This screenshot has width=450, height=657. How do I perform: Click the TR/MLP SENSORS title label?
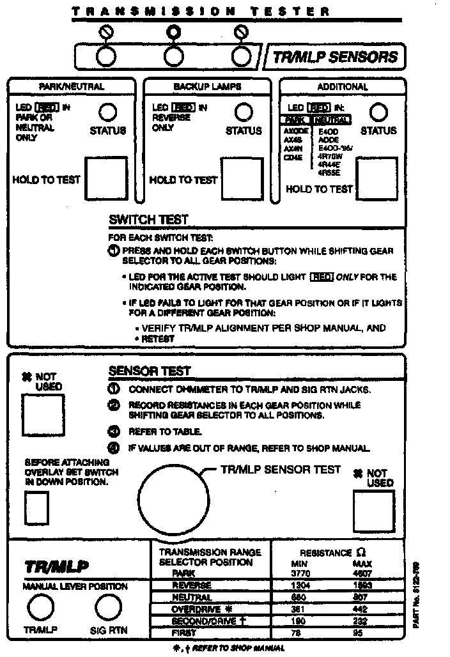335,57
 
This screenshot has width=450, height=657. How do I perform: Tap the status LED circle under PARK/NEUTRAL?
107,113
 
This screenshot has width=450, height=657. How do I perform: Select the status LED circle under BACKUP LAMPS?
243,113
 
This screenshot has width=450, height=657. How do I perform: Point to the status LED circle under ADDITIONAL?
379,113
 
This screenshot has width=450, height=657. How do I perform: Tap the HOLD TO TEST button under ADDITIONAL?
376,182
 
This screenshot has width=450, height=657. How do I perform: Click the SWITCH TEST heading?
149,220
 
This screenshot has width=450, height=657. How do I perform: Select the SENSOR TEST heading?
150,371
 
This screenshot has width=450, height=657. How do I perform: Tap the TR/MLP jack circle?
40,608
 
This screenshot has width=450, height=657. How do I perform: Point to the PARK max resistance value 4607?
362,574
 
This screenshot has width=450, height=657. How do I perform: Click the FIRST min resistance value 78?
295,633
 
